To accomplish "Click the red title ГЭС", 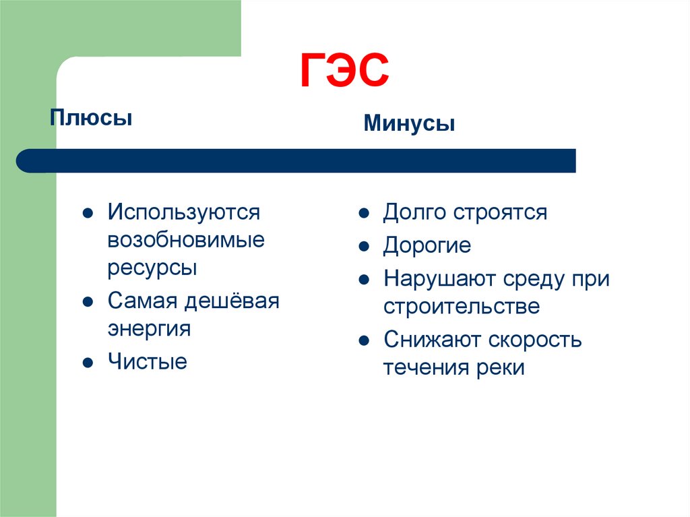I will point(344,71).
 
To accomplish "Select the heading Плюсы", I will point(90,119).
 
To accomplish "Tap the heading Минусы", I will point(409,123).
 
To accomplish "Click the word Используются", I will point(183,213).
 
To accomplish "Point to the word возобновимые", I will point(185,240).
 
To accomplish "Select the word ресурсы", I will point(152,268).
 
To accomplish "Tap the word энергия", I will point(149,328).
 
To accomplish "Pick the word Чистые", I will point(147,362).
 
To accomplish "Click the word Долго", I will point(415,213).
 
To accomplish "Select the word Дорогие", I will point(427,246).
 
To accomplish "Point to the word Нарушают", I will point(441,279).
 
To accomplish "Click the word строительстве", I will point(462,307).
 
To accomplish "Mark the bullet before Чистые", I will point(87,363).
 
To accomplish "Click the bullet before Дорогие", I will point(363,246).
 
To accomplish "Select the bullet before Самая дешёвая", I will point(87,301).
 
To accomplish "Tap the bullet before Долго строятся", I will point(363,213).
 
